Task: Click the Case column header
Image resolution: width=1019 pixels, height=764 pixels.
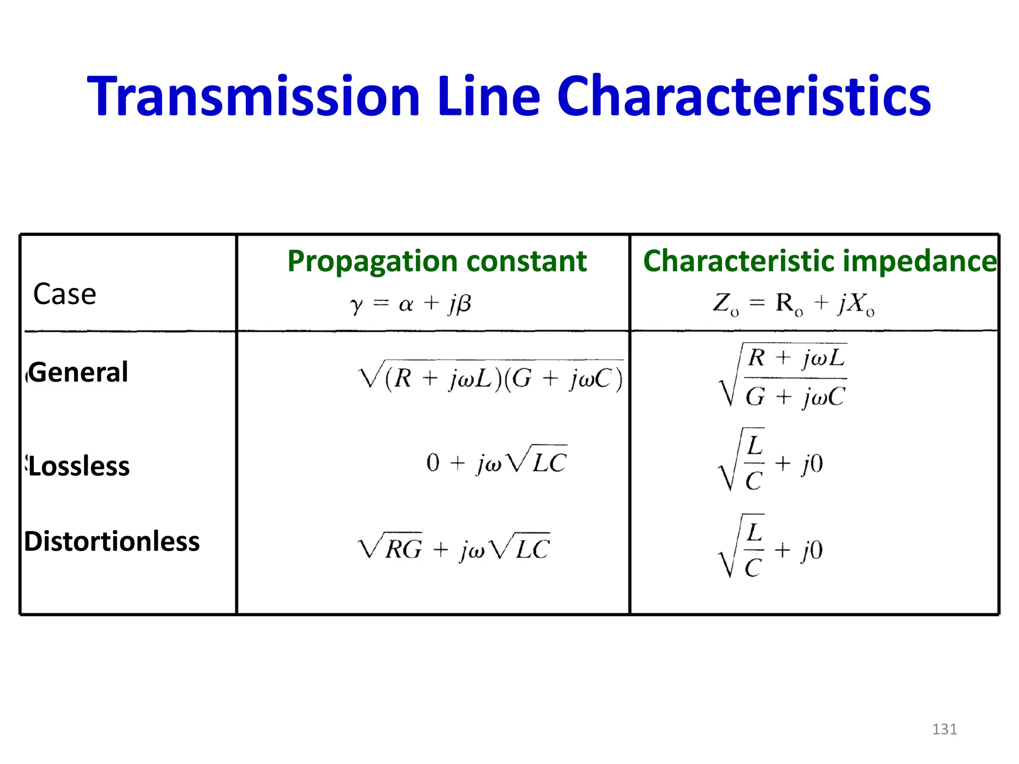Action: pos(64,294)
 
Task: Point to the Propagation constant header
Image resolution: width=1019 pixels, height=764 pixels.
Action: pos(437,261)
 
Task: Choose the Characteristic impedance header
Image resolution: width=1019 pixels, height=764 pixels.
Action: pos(819,261)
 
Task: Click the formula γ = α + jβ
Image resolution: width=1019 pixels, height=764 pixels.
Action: pos(410,304)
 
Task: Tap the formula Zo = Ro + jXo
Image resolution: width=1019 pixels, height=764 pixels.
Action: pos(794,304)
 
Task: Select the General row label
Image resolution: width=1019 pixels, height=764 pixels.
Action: pos(78,372)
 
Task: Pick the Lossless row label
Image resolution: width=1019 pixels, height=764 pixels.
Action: pos(79,467)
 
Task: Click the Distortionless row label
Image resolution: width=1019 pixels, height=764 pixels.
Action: pos(112,541)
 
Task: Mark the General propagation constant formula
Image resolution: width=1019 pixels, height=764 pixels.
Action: pos(491,377)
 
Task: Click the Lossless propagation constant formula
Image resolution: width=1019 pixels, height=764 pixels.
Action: pos(497,461)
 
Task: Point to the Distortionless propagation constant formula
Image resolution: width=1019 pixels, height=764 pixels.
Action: pos(454,548)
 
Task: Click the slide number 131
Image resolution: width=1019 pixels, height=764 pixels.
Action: pos(944,729)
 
